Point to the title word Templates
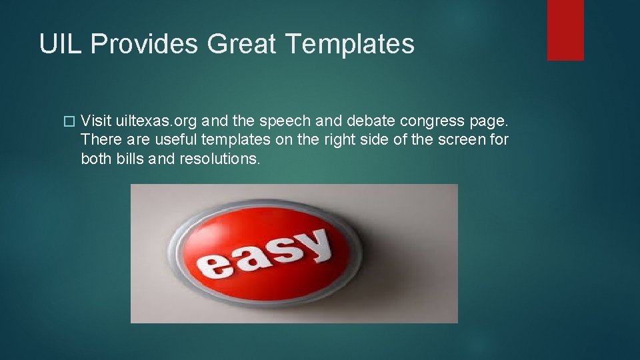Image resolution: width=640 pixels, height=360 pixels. [x=350, y=45]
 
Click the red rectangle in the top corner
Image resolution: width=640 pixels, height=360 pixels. [x=565, y=30]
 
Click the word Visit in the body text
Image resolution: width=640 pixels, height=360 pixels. [x=96, y=121]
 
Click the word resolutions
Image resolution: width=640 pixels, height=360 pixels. [x=219, y=159]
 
